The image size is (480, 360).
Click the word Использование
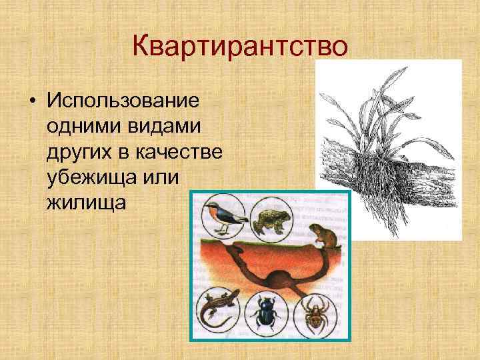click(123, 101)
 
